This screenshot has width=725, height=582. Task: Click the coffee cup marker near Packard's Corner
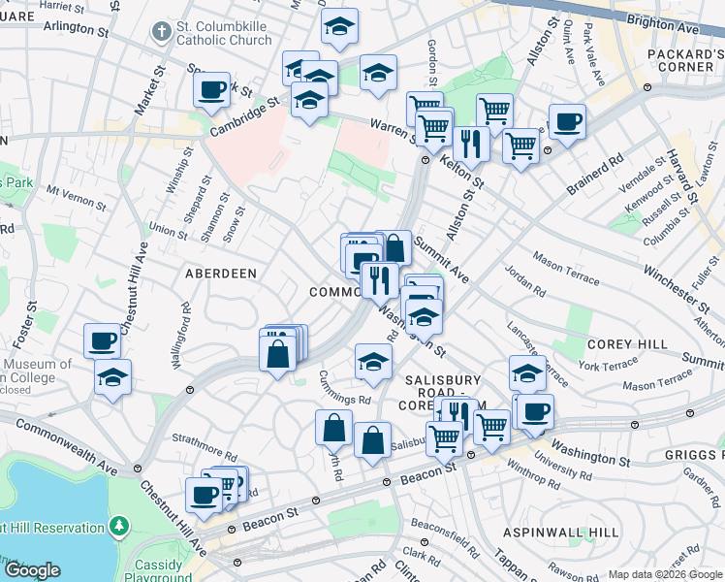[x=567, y=122]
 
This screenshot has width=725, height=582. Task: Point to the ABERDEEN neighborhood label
[x=221, y=275]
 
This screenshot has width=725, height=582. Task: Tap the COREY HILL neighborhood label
[x=625, y=344]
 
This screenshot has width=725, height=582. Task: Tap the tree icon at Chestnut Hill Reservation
[x=119, y=526]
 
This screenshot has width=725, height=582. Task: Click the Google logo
[x=32, y=570]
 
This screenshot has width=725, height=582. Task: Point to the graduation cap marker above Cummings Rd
[x=373, y=362]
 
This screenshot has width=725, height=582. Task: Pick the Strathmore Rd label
[x=204, y=447]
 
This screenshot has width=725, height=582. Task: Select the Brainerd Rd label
[x=595, y=173]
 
